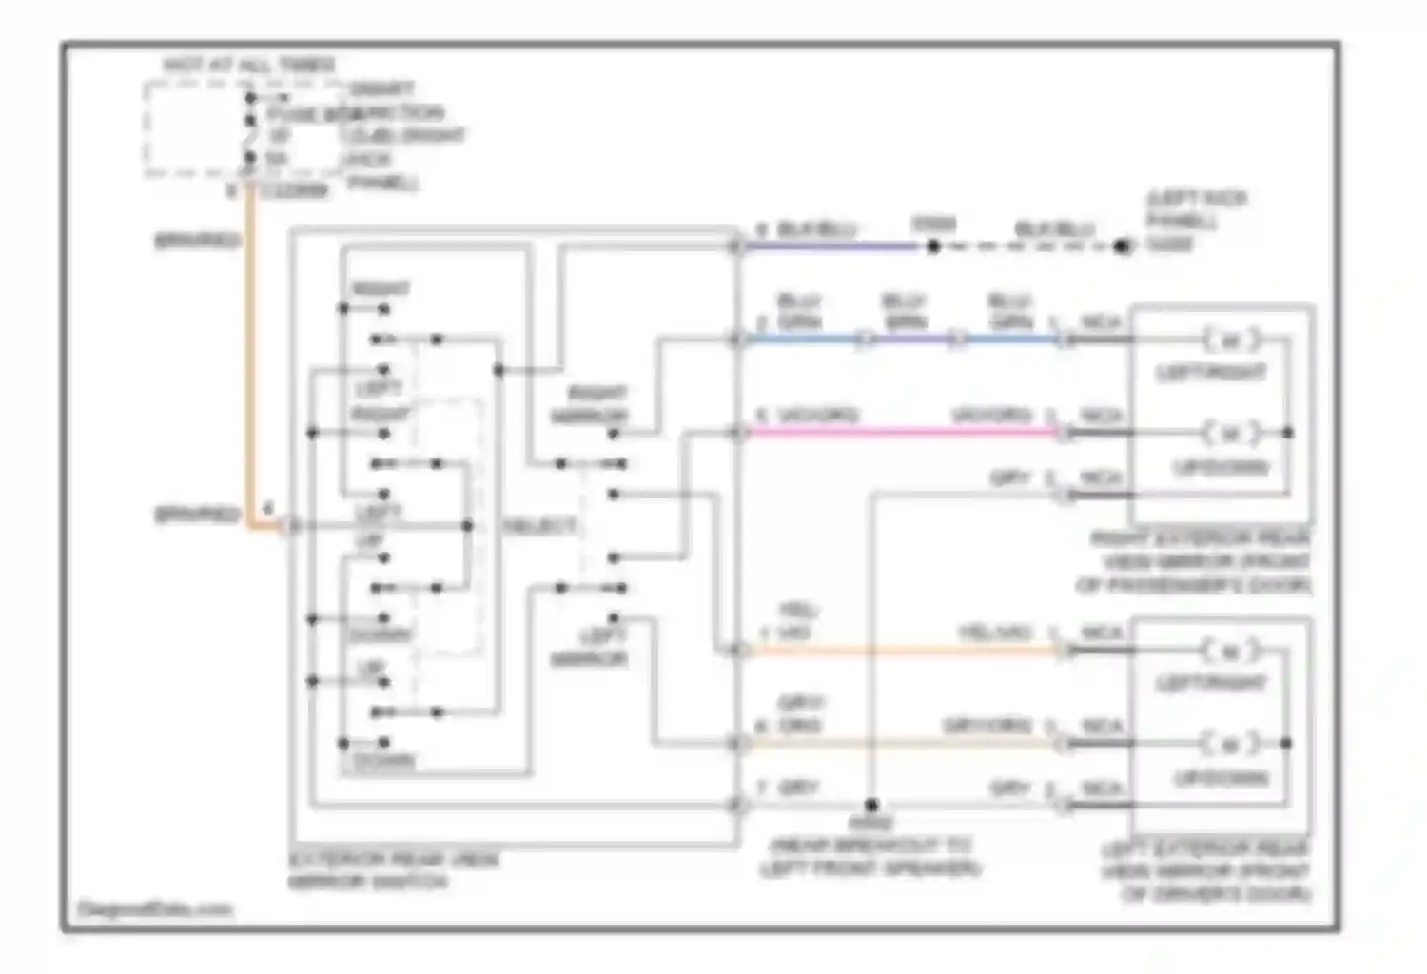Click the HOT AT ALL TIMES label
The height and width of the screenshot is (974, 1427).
click(249, 65)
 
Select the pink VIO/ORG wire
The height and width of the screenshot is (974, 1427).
click(904, 433)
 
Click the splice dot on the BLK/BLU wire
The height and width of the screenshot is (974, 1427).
click(933, 247)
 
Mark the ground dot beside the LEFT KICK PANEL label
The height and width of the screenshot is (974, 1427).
click(1123, 247)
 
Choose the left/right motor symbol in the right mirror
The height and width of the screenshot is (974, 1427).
click(1230, 340)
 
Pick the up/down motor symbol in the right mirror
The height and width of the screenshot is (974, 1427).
click(1230, 433)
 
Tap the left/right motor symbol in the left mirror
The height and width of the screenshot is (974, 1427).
click(1230, 652)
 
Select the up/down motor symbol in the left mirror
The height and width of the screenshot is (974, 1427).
click(1230, 743)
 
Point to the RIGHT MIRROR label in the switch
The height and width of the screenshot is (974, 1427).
click(590, 404)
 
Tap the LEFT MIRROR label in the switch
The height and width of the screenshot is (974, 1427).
click(590, 647)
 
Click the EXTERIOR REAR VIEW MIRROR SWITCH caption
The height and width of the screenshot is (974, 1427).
click(393, 870)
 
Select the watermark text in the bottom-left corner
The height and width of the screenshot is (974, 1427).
click(154, 909)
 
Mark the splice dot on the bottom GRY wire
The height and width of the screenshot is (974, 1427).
click(871, 806)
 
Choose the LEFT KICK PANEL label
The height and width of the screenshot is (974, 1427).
click(1195, 221)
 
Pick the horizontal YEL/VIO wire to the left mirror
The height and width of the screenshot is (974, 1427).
click(904, 652)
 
